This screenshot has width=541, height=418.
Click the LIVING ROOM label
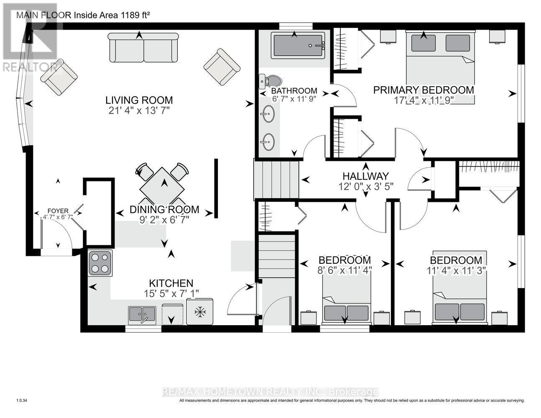click(139, 100)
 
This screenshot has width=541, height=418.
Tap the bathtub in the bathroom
click(298, 45)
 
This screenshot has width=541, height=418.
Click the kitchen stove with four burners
click(100, 263)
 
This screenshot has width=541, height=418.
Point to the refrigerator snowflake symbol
click(199, 312)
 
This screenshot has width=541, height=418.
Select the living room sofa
click(143, 48)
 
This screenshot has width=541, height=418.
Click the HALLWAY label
click(365, 176)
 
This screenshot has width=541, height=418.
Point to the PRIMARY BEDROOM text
click(424, 90)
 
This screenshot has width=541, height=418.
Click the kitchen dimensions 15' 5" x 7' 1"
click(171, 293)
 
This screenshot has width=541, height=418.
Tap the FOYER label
click(58, 211)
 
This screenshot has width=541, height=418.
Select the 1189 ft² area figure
click(135, 15)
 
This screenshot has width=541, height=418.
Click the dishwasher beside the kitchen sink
click(173, 314)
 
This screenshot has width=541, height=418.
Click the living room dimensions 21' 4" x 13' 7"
click(139, 110)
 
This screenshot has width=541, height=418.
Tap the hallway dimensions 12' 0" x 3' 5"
click(366, 186)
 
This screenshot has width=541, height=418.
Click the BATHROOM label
click(294, 91)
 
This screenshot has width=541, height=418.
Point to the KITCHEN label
click(171, 283)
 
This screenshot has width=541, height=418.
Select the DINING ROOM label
click(164, 209)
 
